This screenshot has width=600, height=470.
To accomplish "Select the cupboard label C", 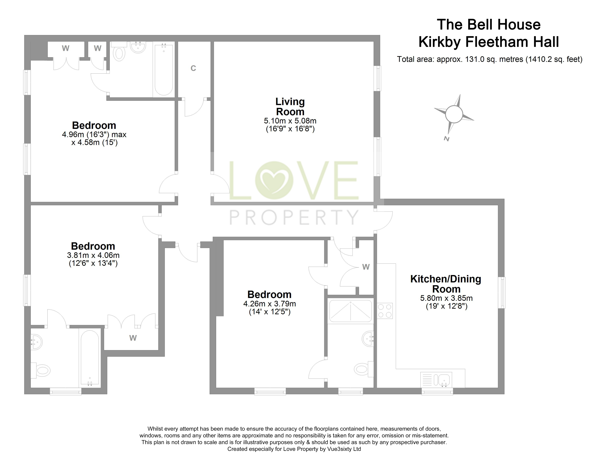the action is (193, 68).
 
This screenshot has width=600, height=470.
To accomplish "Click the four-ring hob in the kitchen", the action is (385, 311).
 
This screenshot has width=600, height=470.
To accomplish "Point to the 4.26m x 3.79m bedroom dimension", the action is (270, 304).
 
